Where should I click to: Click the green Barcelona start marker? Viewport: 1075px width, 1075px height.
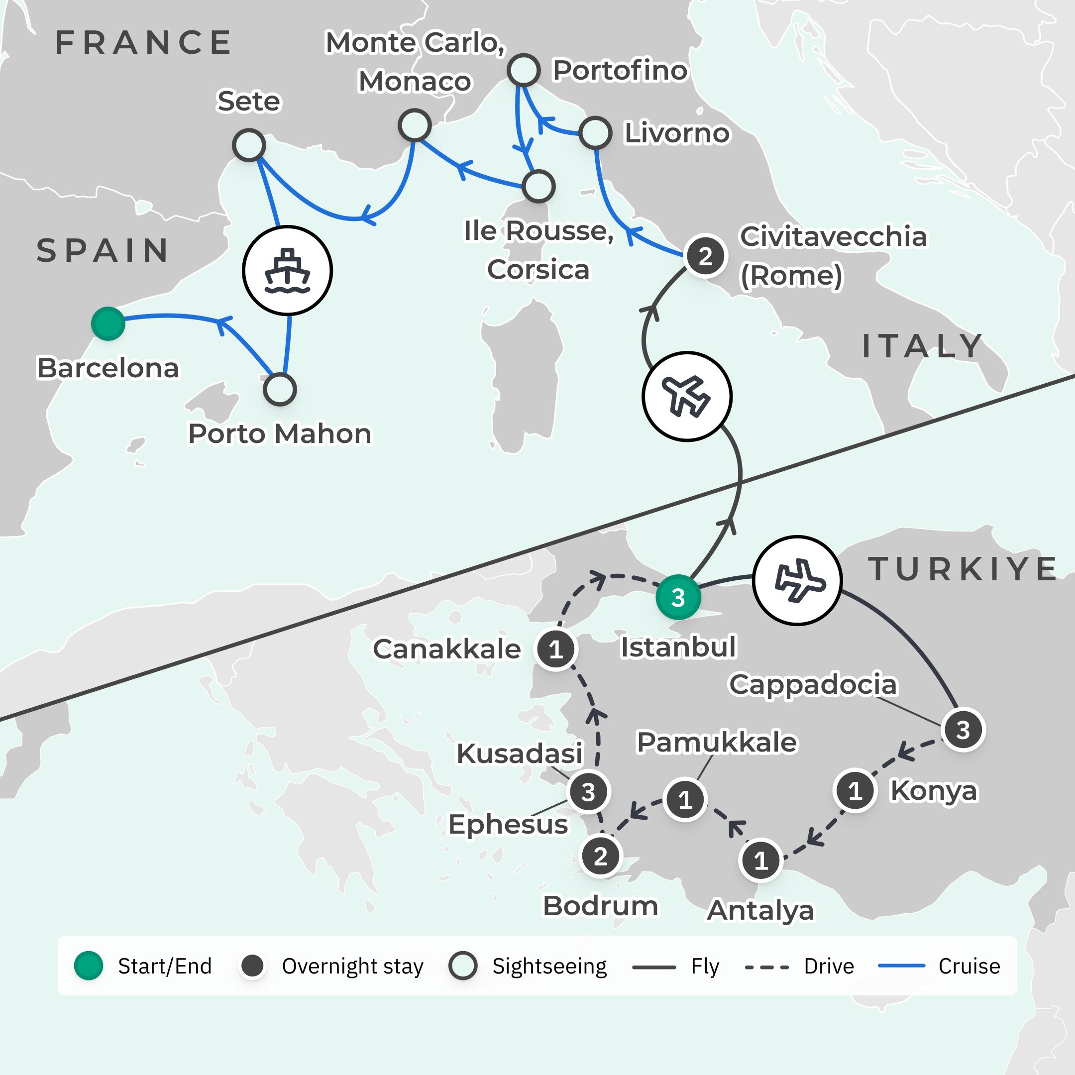[108, 323]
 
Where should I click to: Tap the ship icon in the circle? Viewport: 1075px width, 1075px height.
[287, 270]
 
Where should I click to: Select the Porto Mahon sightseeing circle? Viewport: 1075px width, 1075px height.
[279, 390]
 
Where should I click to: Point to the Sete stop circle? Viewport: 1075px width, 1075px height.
[249, 145]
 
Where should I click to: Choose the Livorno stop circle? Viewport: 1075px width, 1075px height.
[595, 133]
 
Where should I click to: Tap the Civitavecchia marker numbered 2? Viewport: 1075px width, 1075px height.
[705, 256]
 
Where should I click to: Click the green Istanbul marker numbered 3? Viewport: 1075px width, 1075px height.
[678, 598]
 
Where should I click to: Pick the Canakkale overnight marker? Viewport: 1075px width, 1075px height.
[555, 649]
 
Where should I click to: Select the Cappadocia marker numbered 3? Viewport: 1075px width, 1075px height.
[963, 730]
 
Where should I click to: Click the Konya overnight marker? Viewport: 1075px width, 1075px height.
[855, 790]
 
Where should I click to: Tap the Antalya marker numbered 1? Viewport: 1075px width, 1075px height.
[760, 861]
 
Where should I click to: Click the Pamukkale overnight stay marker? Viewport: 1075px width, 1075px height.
[685, 800]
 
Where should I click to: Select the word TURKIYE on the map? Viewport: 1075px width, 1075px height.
[963, 569]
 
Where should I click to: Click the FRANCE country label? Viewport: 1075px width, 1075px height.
[143, 42]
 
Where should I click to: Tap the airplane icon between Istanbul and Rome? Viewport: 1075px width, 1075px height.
[687, 396]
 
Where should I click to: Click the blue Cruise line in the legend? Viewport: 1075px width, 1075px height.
[901, 966]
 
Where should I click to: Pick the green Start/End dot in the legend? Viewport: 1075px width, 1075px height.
[89, 966]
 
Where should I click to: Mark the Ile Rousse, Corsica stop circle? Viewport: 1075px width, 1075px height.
[538, 186]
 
